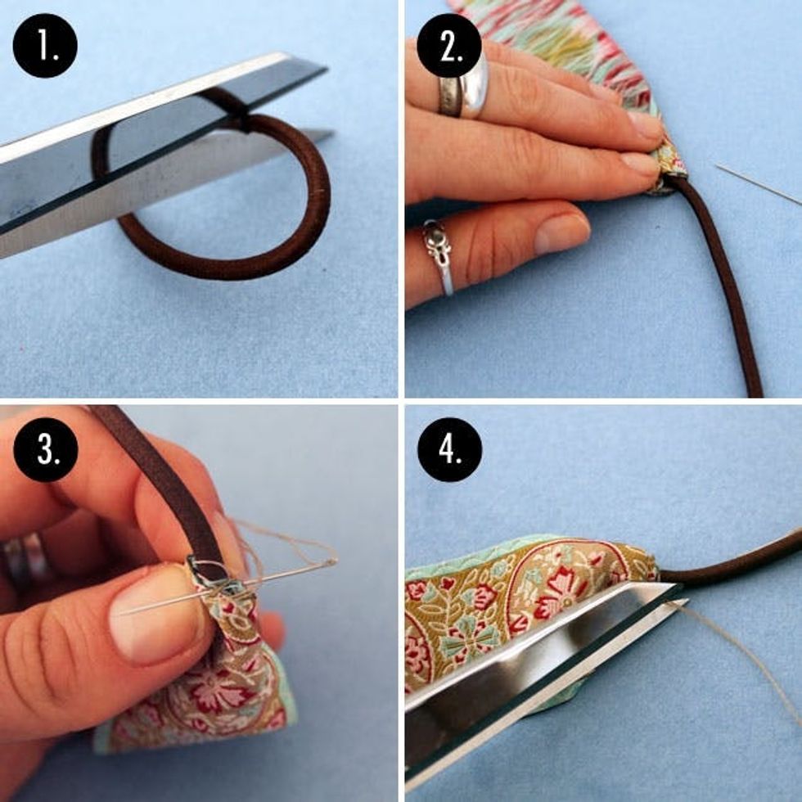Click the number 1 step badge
coord(45,46)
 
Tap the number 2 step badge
coord(449,46)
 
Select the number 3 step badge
coord(45,449)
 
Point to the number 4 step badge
coord(449,449)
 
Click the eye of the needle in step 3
coord(327,563)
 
